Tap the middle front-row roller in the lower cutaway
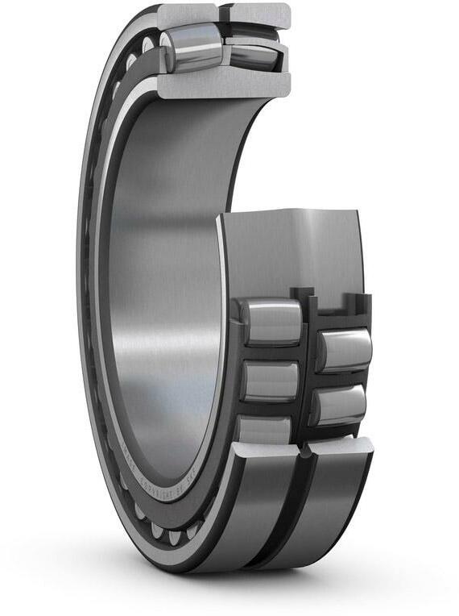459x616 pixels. [x=270, y=381]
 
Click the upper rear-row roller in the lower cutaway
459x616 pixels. [x=345, y=348]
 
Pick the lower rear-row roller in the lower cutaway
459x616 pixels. [x=340, y=403]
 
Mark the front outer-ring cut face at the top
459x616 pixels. [x=187, y=14]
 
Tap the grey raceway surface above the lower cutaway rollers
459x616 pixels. [x=290, y=250]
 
